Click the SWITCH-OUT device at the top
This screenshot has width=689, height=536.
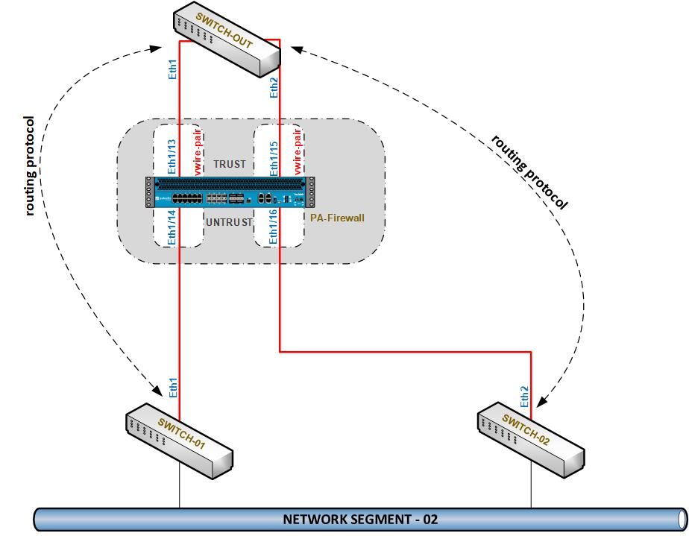pos(227,42)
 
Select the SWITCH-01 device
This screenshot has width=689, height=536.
pos(179,441)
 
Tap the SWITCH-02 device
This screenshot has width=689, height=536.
pos(530,441)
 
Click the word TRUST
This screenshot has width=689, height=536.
pos(229,164)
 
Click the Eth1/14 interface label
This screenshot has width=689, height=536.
pos(172,227)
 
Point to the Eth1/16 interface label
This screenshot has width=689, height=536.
pos(274,227)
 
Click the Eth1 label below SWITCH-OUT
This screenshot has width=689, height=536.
pos(172,69)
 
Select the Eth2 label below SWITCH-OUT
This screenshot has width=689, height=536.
pos(274,87)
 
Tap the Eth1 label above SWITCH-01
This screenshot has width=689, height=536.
pos(172,388)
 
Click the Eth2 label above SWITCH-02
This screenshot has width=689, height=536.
pos(524,396)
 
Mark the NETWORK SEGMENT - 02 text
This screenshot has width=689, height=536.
pos(360,519)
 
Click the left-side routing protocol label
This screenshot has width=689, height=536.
pos(30,165)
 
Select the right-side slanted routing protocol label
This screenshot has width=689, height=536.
pos(529,172)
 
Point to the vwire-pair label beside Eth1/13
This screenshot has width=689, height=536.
pos(198,153)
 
